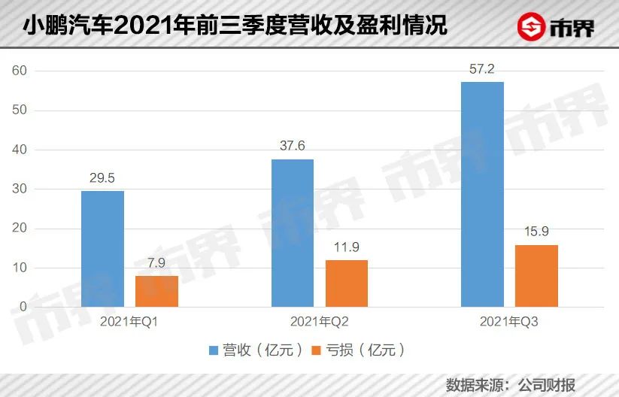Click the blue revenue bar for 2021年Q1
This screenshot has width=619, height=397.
103,249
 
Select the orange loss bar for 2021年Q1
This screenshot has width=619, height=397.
157,292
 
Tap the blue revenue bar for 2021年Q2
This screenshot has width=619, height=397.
293,233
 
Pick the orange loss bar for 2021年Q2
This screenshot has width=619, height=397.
347,283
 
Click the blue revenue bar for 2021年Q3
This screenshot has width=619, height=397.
482,194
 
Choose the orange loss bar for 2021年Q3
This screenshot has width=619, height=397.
537,276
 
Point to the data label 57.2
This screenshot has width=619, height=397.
482,70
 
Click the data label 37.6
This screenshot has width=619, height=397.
293,147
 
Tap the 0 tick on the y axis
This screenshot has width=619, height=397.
23,308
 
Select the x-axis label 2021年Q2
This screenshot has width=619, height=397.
320,322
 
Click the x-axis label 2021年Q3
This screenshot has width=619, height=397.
509,322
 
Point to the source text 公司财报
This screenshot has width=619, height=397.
546,384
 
